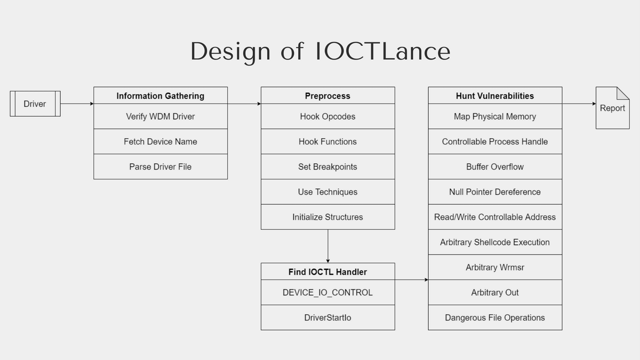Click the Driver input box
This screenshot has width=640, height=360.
click(35, 103)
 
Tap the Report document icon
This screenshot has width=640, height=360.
click(612, 108)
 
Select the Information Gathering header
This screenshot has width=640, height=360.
click(161, 95)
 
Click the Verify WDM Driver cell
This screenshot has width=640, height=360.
click(161, 116)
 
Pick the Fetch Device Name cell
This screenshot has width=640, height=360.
click(161, 141)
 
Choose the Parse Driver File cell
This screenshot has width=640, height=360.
click(161, 166)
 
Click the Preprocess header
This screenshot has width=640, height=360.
click(327, 95)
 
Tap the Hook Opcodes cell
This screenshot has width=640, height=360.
click(327, 116)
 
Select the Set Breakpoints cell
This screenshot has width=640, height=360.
click(327, 166)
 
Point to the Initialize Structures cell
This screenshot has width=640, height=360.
click(327, 217)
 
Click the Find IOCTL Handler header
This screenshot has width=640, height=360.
click(327, 271)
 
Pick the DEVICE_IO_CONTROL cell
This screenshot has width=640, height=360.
click(327, 292)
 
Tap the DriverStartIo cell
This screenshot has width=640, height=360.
click(327, 317)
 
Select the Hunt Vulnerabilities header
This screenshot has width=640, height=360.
click(495, 95)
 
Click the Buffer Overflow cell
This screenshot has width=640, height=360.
click(495, 166)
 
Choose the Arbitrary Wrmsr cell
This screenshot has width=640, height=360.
click(495, 267)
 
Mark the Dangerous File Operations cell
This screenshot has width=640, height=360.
click(495, 317)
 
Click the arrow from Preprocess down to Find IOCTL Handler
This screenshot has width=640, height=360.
click(327, 246)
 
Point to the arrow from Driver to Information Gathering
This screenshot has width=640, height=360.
click(77, 103)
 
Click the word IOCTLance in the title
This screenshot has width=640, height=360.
click(382, 51)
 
